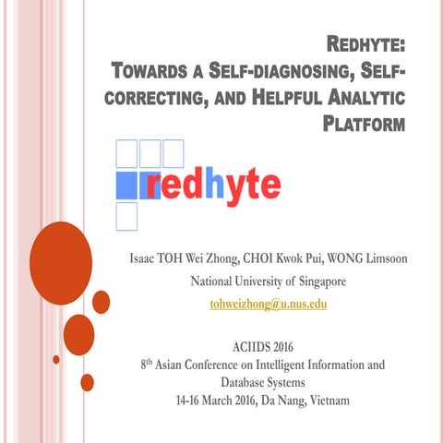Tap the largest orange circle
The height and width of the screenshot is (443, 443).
coord(61,250)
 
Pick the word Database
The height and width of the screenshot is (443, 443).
coord(241,382)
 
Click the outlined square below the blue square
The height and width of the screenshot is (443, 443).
coord(125,216)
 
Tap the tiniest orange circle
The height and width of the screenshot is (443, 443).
coord(56,359)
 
